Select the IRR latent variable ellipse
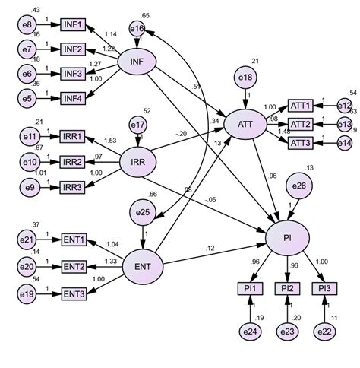pos(137,160)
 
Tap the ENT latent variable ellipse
pos(141,268)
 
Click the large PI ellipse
pos(289,238)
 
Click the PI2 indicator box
pos(289,288)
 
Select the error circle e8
pos(27,24)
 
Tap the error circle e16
pos(137,28)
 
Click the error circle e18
pos(245,78)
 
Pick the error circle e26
pos(298,185)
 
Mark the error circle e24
pos(249,331)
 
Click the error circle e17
pos(137,124)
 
